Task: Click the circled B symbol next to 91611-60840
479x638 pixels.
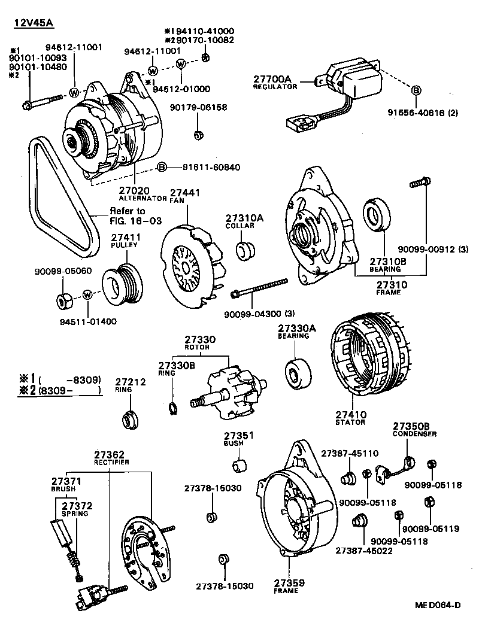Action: point(161,167)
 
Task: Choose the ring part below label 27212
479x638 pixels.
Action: point(129,418)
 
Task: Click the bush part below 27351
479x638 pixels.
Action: point(239,464)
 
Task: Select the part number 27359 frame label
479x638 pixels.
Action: point(290,586)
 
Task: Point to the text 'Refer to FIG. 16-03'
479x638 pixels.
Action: point(128,216)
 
